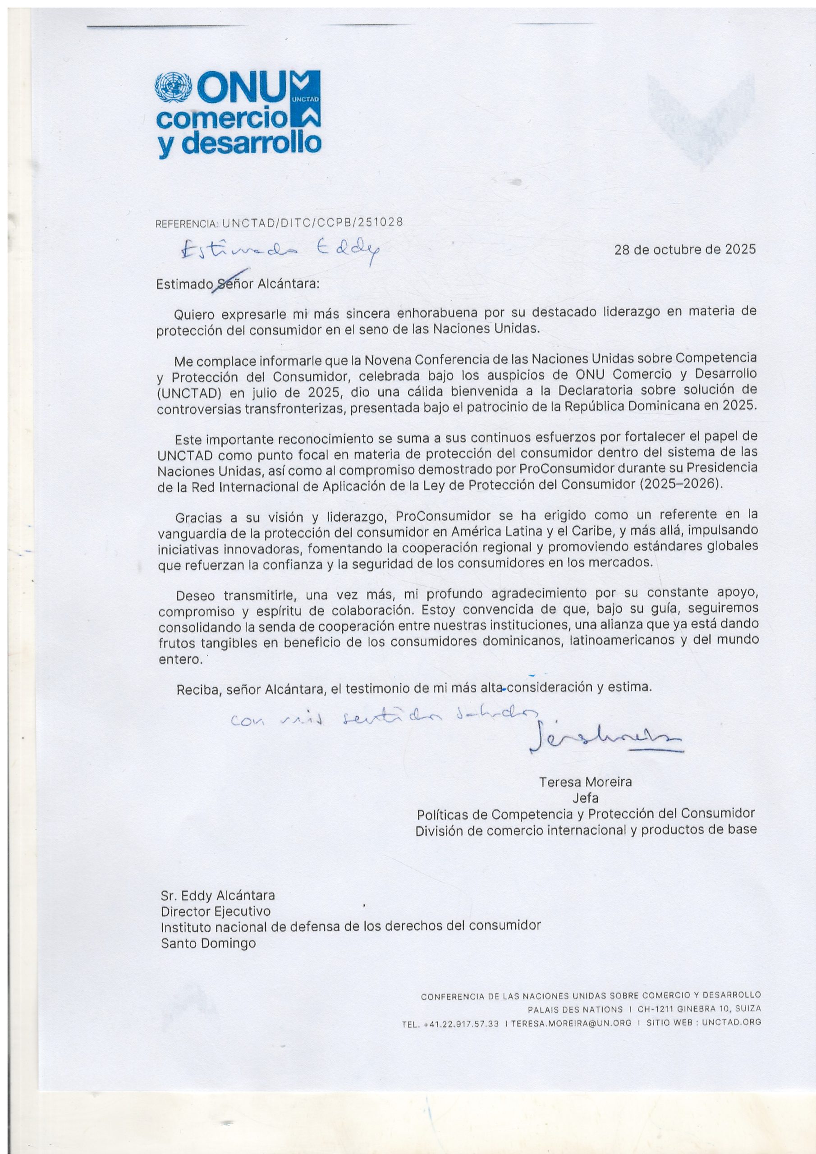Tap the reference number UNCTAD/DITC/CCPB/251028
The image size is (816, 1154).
coord(312,222)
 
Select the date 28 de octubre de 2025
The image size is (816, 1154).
coord(685,249)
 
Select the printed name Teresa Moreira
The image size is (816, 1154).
coord(585,782)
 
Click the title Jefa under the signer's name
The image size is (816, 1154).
coord(585,797)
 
